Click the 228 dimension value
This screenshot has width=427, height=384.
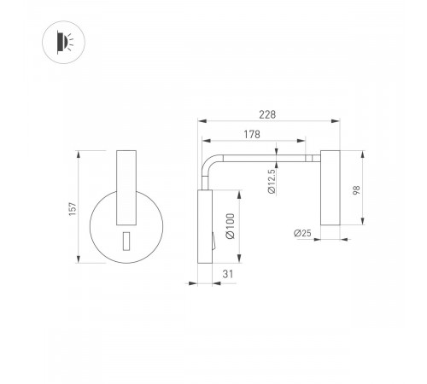(267, 114)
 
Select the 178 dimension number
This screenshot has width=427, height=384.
(252, 134)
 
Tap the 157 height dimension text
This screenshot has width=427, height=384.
(73, 209)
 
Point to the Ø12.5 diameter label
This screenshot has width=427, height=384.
(272, 182)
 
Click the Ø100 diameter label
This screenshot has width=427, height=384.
(231, 226)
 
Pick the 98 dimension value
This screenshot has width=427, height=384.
(356, 190)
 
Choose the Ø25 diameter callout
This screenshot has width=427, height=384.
(302, 233)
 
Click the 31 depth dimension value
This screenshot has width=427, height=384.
(228, 274)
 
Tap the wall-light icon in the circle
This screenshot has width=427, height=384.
(65, 42)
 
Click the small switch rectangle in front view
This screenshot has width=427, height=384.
(126, 241)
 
